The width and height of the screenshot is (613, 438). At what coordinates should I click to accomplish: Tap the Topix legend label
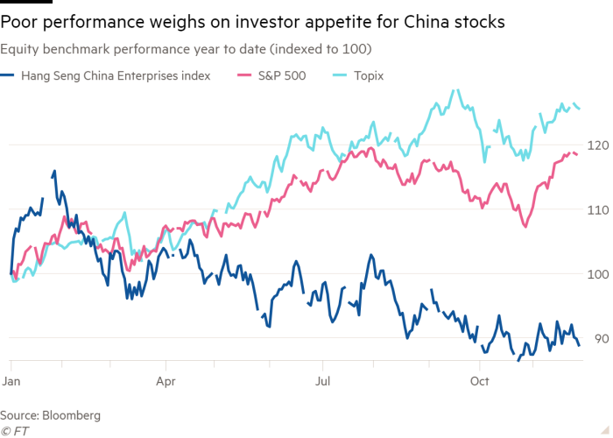point(369,75)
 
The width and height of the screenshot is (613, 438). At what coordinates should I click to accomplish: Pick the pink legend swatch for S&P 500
point(244,75)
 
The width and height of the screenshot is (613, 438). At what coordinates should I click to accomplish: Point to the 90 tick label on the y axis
point(599,339)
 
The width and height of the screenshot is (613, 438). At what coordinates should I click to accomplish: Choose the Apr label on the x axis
point(166,381)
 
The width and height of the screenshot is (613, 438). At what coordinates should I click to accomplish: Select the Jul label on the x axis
point(323,381)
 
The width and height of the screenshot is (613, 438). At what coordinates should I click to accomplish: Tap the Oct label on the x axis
point(480,381)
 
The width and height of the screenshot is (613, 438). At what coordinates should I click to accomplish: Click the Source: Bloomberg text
point(50,414)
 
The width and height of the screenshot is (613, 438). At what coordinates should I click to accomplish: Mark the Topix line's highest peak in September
point(454,89)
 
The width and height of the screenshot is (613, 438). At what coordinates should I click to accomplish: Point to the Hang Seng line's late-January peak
point(54,172)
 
